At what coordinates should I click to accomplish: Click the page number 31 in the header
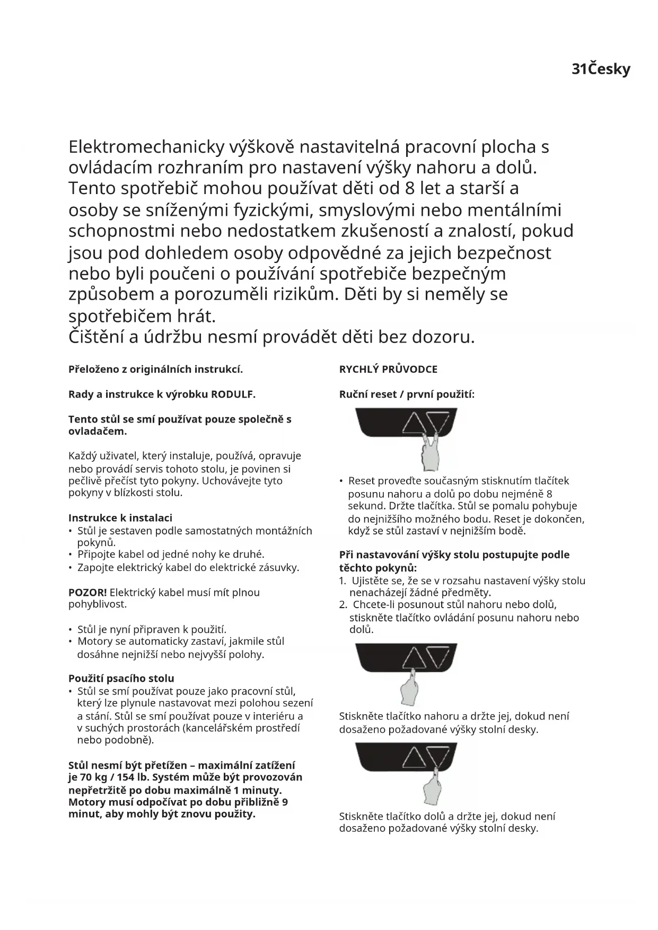(x=579, y=69)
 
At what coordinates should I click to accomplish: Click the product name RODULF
(x=233, y=394)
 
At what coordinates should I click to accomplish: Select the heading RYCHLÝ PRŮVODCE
(x=388, y=370)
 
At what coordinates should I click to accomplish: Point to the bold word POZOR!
(x=87, y=592)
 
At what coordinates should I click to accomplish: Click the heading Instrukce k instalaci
(x=120, y=518)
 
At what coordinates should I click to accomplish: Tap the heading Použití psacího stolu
(x=121, y=678)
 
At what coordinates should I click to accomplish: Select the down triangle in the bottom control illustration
(x=438, y=757)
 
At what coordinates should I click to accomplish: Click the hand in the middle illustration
(x=410, y=688)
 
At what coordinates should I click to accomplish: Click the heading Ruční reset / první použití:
(x=407, y=394)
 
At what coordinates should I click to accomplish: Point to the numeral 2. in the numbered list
(x=343, y=604)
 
